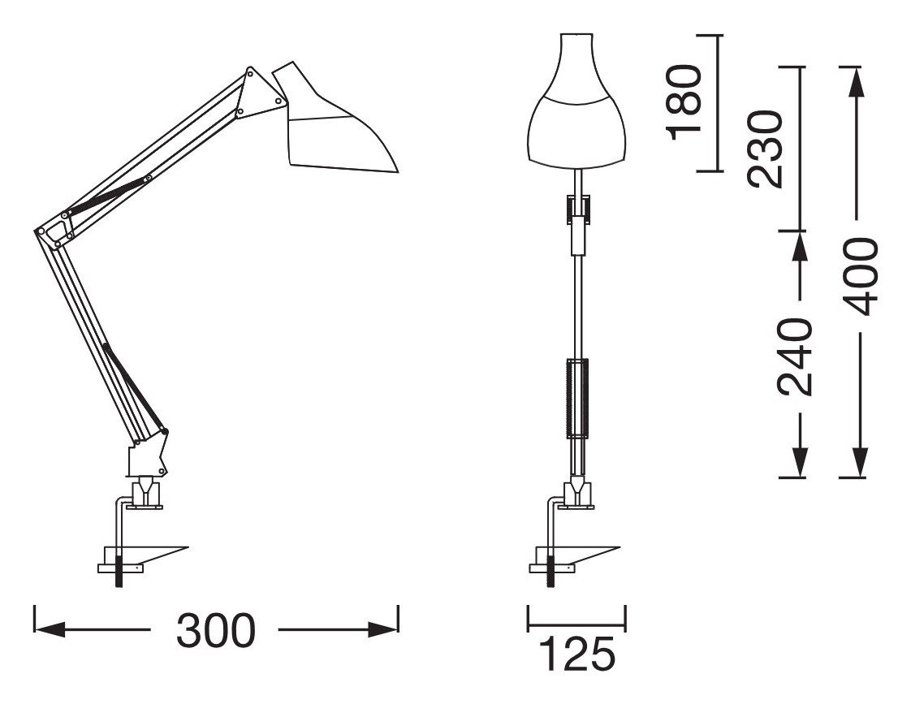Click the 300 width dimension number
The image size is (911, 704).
click(x=215, y=630)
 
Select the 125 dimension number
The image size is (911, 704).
click(x=577, y=654)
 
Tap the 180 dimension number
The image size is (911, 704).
click(x=685, y=102)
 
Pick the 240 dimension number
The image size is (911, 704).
click(x=793, y=357)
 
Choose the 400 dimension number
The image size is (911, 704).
click(x=858, y=276)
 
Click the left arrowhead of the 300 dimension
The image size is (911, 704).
click(x=49, y=629)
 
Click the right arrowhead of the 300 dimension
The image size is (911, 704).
click(x=383, y=629)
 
